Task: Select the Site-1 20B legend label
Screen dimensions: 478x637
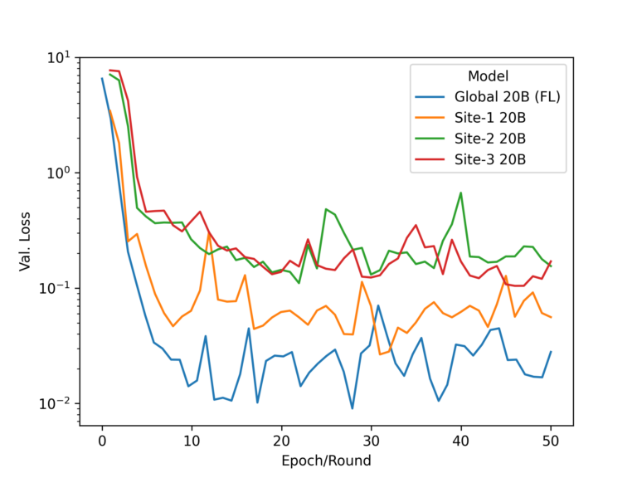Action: (x=490, y=117)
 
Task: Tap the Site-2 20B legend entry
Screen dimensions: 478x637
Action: (x=490, y=138)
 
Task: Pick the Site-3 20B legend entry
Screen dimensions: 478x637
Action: (x=490, y=159)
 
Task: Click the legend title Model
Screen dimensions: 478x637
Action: (x=489, y=76)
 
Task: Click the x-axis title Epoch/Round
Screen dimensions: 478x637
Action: (x=326, y=460)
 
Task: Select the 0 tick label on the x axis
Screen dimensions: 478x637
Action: (x=102, y=440)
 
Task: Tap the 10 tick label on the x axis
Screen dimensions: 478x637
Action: (x=192, y=440)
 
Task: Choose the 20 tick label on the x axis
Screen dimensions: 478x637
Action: (x=281, y=440)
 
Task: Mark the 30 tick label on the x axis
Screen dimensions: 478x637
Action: (x=371, y=440)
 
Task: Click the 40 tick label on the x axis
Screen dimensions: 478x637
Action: (x=460, y=440)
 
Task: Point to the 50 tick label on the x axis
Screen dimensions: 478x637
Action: (x=550, y=440)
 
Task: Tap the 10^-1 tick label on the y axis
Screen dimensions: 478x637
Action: (x=56, y=289)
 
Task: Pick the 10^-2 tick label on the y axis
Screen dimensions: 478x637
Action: (x=56, y=403)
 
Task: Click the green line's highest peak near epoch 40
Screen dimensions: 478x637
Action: (x=460, y=193)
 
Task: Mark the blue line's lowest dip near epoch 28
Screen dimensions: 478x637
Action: (x=353, y=408)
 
